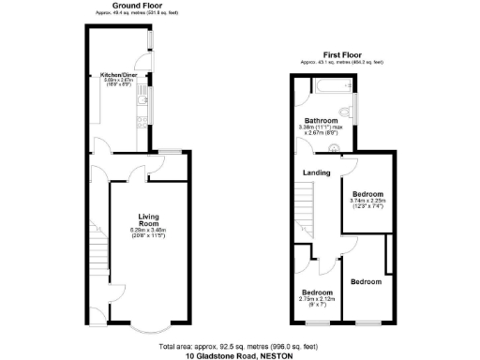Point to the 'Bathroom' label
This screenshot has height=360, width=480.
tap(317, 120)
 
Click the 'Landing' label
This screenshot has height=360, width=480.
tap(314, 172)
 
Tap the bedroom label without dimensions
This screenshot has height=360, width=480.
tap(367, 281)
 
